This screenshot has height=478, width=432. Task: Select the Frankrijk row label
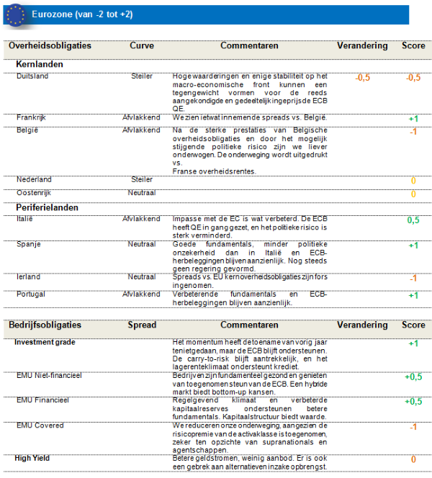(32, 117)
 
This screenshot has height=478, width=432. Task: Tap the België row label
(27, 130)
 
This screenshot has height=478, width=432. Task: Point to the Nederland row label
(34, 180)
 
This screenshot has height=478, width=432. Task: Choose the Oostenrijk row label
(36, 193)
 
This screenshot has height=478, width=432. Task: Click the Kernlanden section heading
(40, 64)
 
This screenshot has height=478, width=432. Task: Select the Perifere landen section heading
(47, 207)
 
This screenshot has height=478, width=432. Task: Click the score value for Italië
(413, 220)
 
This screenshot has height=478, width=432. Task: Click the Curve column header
(142, 45)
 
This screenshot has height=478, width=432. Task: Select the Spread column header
(142, 325)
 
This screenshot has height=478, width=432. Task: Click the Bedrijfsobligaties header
(45, 325)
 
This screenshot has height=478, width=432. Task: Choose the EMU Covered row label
(40, 425)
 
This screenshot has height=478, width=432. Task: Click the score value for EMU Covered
(413, 427)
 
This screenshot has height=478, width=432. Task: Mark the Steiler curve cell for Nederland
(142, 180)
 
